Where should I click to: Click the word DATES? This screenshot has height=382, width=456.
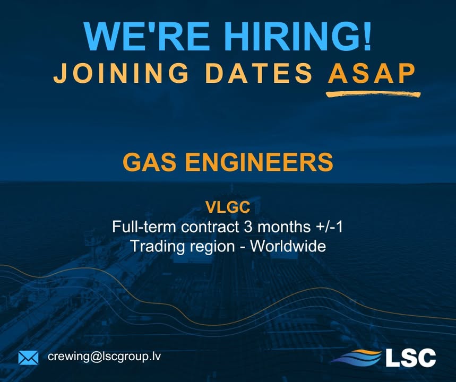tap(260, 74)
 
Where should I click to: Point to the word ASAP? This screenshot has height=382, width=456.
tap(371, 74)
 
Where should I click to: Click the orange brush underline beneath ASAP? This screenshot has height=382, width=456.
tap(373, 94)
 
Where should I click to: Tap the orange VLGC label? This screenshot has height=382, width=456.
tap(228, 207)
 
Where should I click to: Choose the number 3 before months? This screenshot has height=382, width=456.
tap(247, 227)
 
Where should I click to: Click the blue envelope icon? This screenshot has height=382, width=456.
tap(28, 358)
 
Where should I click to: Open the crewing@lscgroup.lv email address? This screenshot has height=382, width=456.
tap(104, 357)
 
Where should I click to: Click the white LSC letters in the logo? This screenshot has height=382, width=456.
tap(410, 357)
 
